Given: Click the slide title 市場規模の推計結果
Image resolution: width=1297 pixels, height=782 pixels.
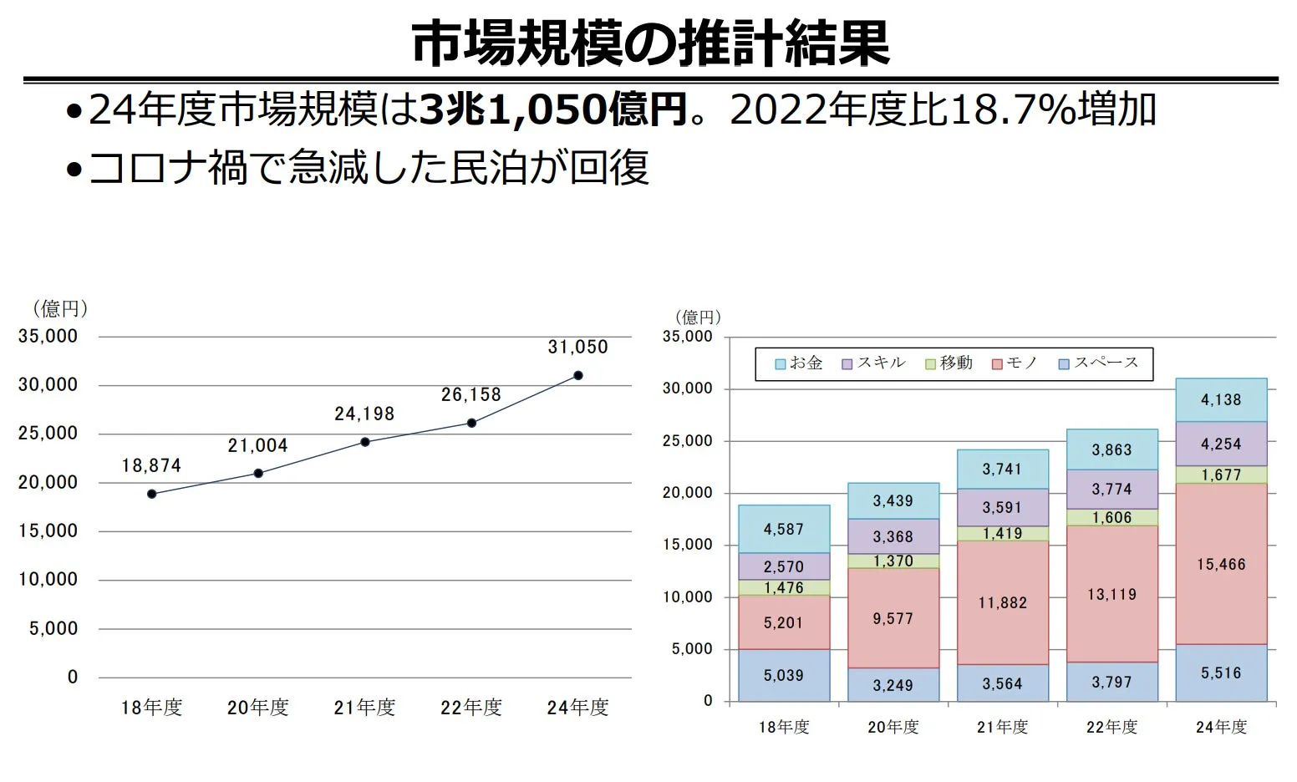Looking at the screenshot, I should click(650, 43).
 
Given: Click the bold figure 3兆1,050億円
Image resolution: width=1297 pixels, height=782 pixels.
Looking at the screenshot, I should click(553, 109).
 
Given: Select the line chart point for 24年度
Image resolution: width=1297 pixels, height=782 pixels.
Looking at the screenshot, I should click(577, 375).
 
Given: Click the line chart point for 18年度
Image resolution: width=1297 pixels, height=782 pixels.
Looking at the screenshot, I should click(151, 494).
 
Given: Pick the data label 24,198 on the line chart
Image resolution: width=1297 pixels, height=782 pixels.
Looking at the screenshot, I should click(364, 414).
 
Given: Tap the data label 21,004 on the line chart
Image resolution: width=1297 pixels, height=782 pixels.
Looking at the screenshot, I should click(257, 445).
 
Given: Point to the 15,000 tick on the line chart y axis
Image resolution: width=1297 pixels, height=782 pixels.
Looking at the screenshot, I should click(48, 531).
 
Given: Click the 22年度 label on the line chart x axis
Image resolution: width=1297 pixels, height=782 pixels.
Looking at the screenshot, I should click(471, 708).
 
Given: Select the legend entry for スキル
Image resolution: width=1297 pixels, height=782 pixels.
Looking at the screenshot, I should click(874, 363).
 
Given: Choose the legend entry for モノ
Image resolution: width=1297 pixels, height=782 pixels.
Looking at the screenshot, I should click(1015, 363).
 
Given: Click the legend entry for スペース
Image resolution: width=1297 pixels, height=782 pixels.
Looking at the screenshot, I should click(1098, 363).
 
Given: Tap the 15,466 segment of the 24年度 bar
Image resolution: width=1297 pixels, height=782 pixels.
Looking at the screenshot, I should click(1221, 564).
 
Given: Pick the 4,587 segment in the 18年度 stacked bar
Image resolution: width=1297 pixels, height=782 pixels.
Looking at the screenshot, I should click(783, 529).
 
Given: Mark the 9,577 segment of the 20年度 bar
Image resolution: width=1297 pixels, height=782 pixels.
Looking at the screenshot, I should click(893, 618).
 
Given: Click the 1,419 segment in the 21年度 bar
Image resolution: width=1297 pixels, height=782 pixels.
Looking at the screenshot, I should click(1002, 533).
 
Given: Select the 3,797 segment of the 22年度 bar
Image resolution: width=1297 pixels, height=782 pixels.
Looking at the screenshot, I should click(1111, 682).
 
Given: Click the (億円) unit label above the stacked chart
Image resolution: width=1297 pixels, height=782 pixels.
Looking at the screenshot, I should click(698, 317).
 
